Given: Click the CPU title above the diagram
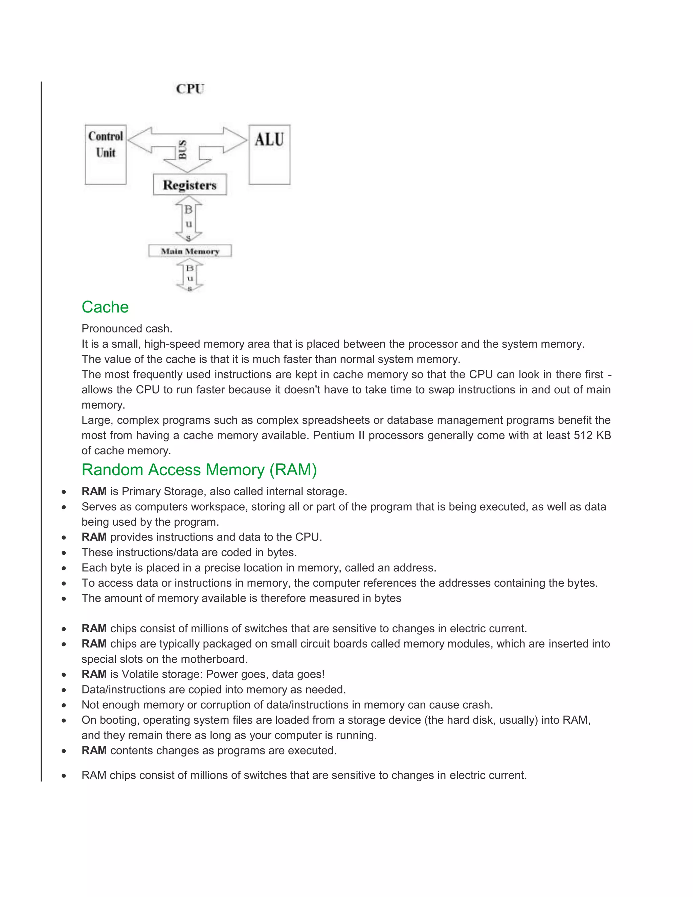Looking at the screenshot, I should pyautogui.click(x=190, y=89).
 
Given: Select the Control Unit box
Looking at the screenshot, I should pyautogui.click(x=106, y=154).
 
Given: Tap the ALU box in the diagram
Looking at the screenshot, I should pyautogui.click(x=269, y=154).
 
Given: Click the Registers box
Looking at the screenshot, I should pyautogui.click(x=190, y=185).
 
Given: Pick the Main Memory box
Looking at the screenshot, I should pyautogui.click(x=190, y=251).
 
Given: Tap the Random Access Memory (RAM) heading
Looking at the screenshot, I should pyautogui.click(x=199, y=470).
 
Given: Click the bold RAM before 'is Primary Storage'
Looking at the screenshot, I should pyautogui.click(x=94, y=491).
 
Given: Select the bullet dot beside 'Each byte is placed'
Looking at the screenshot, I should pyautogui.click(x=64, y=568).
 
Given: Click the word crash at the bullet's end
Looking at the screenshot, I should pyautogui.click(x=477, y=705).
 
